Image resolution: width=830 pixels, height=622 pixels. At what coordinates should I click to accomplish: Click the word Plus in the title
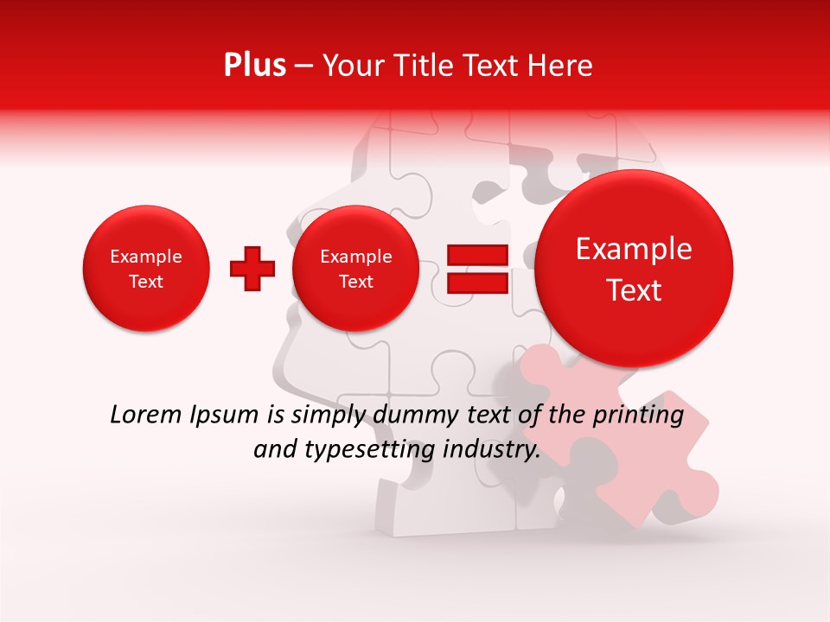coord(254,66)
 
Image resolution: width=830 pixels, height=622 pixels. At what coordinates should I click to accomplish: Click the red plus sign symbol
coord(252,269)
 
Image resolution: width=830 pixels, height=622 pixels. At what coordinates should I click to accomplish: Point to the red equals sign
coord(476,269)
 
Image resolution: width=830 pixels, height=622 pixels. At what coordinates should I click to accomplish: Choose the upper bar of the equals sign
coord(476,255)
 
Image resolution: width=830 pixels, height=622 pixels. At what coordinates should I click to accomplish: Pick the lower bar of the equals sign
coord(476,282)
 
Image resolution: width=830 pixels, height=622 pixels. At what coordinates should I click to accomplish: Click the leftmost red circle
coord(146,269)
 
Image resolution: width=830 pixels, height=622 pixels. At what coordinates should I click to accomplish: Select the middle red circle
coord(355,269)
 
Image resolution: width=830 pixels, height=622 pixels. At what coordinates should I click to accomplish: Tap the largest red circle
coord(634,269)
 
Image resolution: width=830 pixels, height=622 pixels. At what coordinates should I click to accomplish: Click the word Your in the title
coord(349,66)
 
